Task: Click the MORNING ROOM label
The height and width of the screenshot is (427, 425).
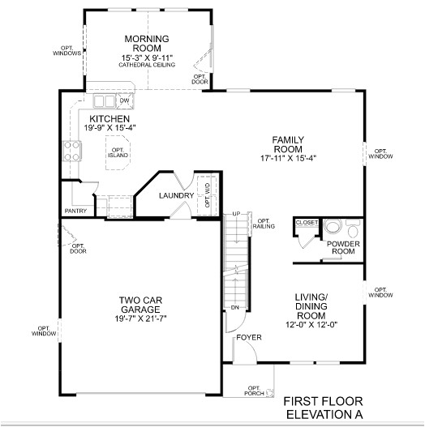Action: pyautogui.click(x=146, y=44)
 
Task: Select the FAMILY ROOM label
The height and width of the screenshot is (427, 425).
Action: pyautogui.click(x=288, y=144)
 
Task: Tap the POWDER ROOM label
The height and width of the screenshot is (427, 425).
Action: pyautogui.click(x=343, y=247)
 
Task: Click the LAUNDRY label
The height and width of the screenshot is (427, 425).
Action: pyautogui.click(x=176, y=195)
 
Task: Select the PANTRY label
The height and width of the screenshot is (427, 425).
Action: pyautogui.click(x=75, y=211)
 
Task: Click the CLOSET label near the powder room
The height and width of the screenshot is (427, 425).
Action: pyautogui.click(x=307, y=222)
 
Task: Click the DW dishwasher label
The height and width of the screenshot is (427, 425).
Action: pyautogui.click(x=124, y=101)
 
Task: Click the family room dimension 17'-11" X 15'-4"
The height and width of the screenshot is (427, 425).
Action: pyautogui.click(x=288, y=158)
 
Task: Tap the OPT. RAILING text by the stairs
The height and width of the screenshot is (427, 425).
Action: pyautogui.click(x=264, y=224)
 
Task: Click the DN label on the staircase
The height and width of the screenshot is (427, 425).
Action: pyautogui.click(x=234, y=308)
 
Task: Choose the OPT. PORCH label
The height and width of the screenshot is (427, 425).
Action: pyautogui.click(x=254, y=391)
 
